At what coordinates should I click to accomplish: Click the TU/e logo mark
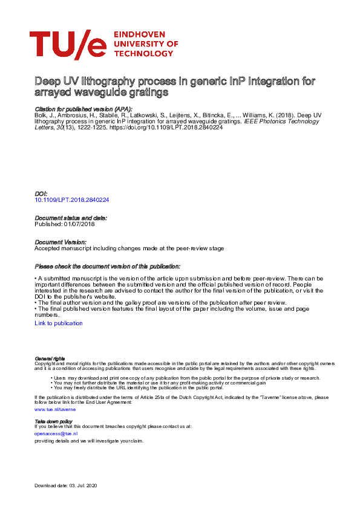click(x=67, y=44)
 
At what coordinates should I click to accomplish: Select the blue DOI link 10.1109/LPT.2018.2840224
click(x=72, y=199)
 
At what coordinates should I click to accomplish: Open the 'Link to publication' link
click(x=59, y=323)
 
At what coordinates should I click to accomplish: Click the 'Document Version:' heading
click(x=60, y=242)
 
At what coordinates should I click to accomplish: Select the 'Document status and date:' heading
click(x=71, y=218)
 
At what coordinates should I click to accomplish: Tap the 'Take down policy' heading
click(x=53, y=421)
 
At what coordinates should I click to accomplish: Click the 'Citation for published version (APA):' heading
click(x=83, y=109)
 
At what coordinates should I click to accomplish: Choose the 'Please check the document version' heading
click(x=107, y=266)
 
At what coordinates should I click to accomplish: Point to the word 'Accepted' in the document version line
click(x=48, y=248)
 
